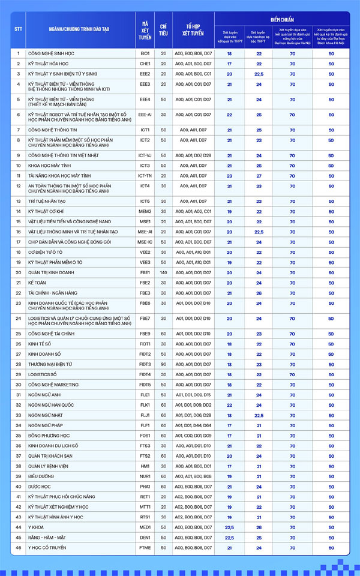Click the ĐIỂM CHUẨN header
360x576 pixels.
click(x=282, y=19)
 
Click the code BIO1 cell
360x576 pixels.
click(x=145, y=53)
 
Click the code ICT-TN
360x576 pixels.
click(x=145, y=175)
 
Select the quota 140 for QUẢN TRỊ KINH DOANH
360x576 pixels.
click(x=163, y=272)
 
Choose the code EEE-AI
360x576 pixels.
click(x=145, y=114)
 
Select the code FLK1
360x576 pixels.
click(x=145, y=405)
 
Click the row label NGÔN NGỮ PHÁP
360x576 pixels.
click(x=46, y=425)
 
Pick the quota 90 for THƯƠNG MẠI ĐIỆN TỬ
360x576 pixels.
click(x=163, y=364)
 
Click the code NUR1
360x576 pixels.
click(x=145, y=476)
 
